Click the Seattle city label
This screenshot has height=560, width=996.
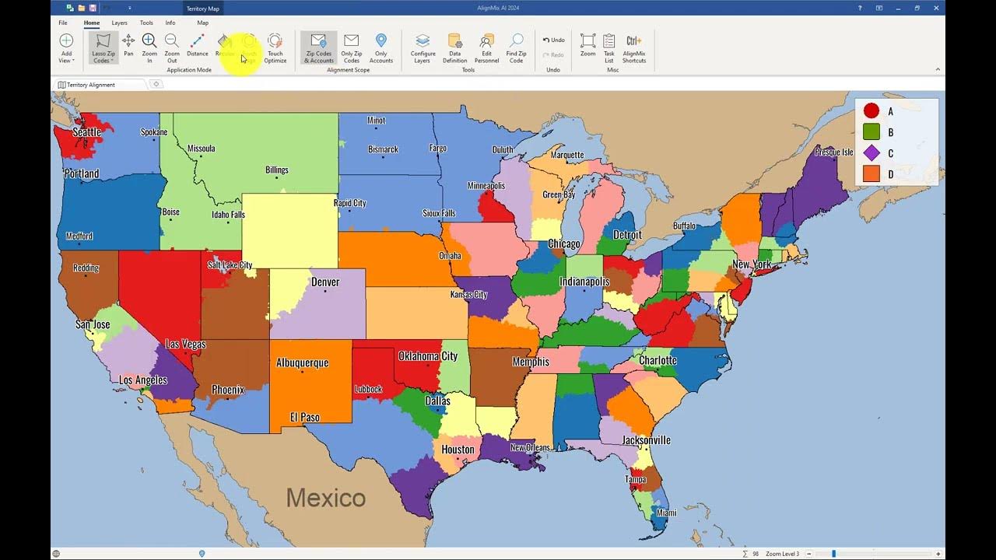click(86, 132)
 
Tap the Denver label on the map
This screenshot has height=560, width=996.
click(325, 282)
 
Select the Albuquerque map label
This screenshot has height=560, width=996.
click(302, 362)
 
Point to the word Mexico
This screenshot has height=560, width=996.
click(325, 497)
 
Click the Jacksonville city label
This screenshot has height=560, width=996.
click(646, 440)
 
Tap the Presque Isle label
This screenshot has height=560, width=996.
click(833, 152)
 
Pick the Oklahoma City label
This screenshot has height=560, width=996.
click(428, 356)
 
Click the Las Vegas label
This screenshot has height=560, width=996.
click(185, 344)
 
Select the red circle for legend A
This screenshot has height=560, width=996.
click(871, 111)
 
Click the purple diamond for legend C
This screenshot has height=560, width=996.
click(871, 153)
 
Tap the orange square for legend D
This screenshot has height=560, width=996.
click(871, 174)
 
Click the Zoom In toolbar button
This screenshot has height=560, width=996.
click(149, 47)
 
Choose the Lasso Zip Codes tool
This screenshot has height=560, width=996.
click(103, 47)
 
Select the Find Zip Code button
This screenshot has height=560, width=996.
click(516, 47)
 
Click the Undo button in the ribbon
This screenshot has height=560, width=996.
click(553, 40)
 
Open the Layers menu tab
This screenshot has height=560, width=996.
click(119, 23)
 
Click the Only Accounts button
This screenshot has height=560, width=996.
click(381, 47)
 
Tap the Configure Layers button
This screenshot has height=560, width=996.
click(423, 47)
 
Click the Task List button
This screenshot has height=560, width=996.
click(609, 47)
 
